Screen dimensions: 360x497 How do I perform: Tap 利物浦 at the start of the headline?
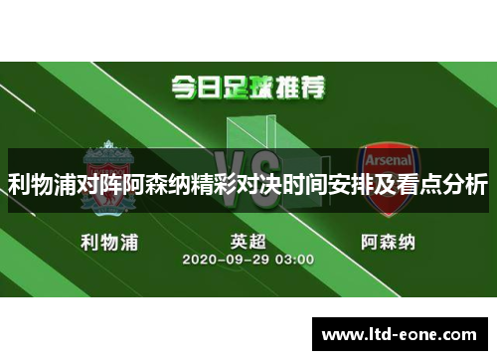[x=42, y=184]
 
